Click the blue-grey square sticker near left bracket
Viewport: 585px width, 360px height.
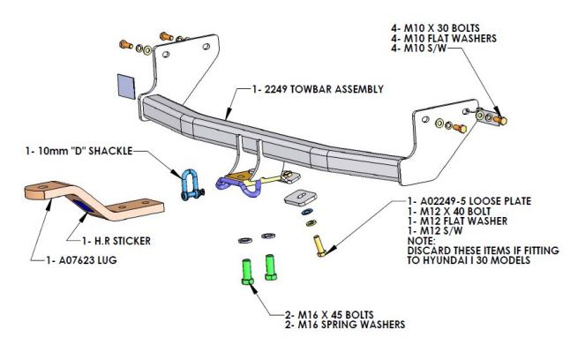point(125,85)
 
